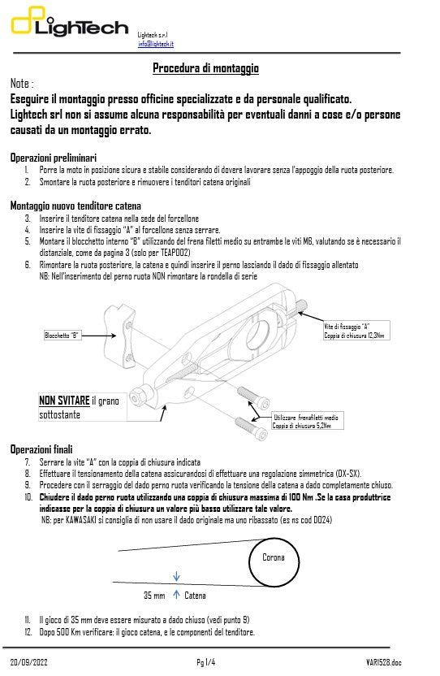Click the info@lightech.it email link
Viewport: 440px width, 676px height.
click(156, 44)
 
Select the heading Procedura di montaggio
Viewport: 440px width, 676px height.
click(206, 68)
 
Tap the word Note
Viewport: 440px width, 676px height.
click(20, 84)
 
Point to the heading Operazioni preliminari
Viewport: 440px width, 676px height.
click(53, 156)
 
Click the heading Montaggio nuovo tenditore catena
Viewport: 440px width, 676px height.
click(75, 206)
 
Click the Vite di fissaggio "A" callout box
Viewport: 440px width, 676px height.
click(353, 330)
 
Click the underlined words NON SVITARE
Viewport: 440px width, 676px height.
click(64, 401)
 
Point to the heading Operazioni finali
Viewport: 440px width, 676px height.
click(41, 448)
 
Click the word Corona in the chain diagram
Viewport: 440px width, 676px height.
click(274, 557)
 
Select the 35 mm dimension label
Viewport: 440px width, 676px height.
click(154, 596)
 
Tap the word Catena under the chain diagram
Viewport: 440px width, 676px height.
click(195, 596)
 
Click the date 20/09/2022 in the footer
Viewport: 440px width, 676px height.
click(30, 663)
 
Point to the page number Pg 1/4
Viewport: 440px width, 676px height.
click(206, 663)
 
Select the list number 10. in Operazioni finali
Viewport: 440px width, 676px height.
click(28, 496)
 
